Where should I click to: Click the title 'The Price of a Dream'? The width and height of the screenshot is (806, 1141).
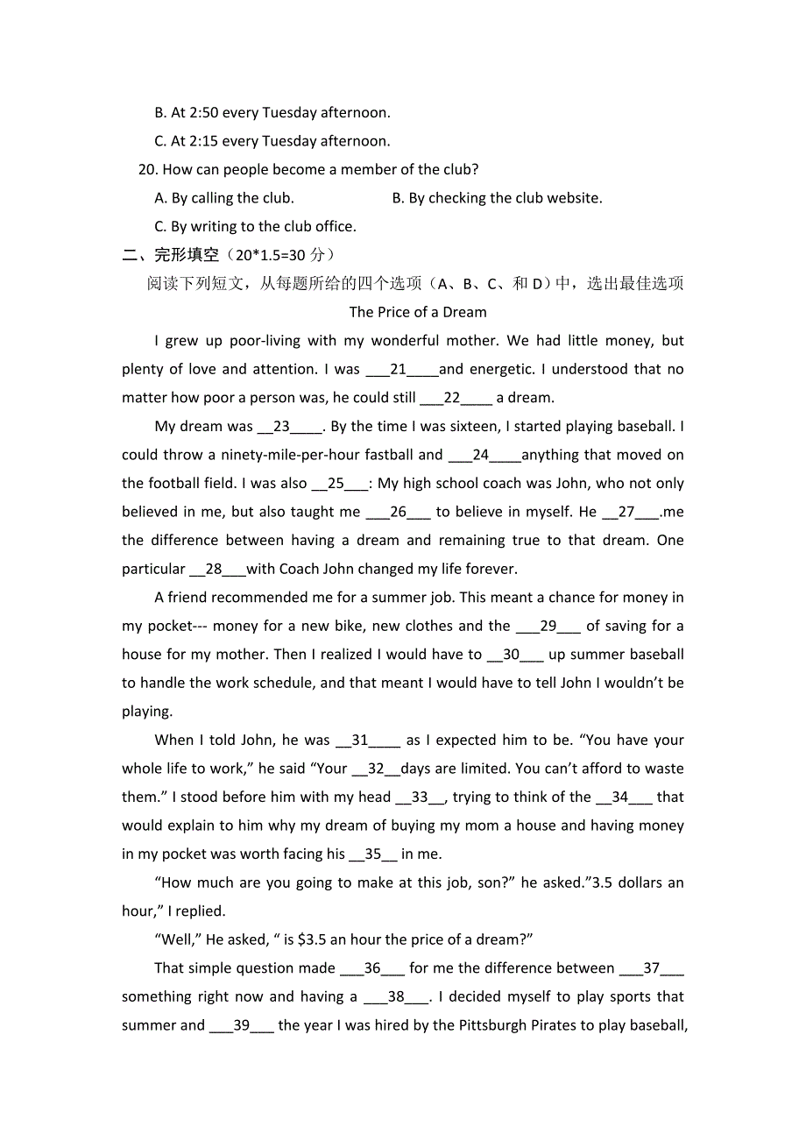coord(418,312)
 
